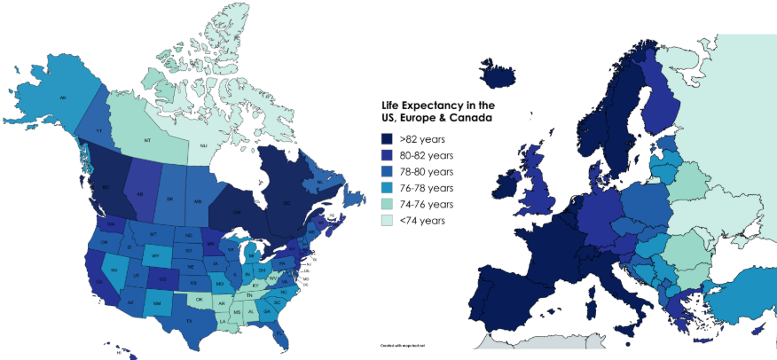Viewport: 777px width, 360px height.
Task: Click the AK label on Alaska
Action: [x=63, y=97]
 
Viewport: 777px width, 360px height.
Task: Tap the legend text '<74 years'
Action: [x=420, y=220]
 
